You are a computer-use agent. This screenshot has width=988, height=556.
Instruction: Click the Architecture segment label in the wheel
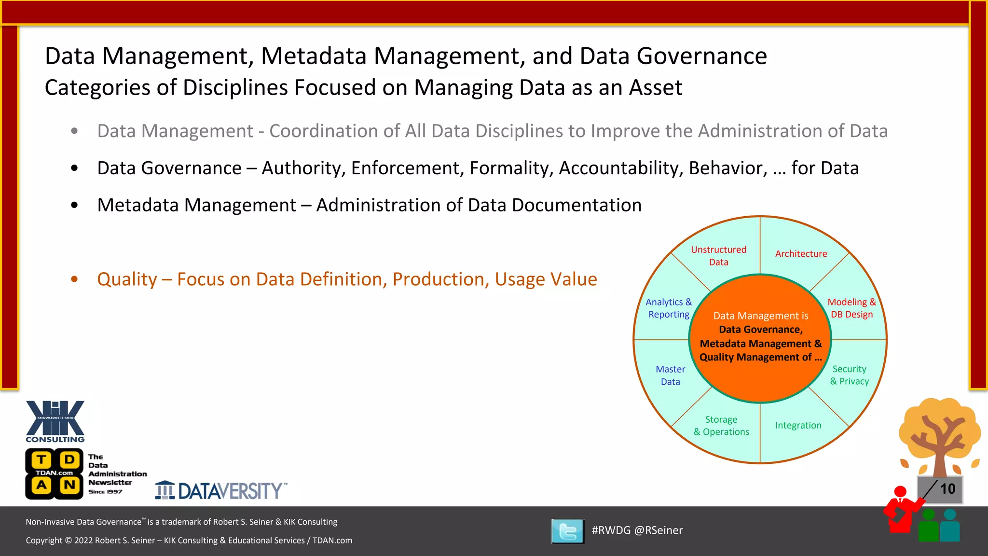pos(801,254)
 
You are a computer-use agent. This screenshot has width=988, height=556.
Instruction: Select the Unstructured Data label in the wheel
pos(718,256)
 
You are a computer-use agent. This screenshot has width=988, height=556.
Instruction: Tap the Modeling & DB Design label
pos(851,308)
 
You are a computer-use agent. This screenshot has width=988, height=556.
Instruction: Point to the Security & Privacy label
pos(849,375)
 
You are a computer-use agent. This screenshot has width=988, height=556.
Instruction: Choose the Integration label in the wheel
pos(798,425)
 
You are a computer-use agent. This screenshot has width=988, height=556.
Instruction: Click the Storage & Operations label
pos(721,426)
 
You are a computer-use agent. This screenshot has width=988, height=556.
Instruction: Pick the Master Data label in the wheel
pos(670,375)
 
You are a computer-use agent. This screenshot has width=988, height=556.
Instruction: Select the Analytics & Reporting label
pos(669,308)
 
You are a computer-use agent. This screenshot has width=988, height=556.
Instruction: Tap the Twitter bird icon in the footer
pos(568,531)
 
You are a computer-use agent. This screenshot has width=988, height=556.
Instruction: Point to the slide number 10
pos(947,489)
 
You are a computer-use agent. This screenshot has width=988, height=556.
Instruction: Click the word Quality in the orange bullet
pos(127,279)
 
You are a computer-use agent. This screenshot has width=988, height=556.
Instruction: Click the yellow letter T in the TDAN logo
pos(42,459)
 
